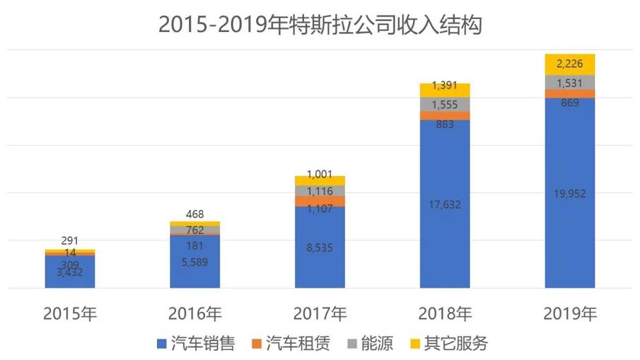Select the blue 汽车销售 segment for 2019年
569,192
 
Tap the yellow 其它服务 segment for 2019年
569,64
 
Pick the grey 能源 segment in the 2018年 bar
445,104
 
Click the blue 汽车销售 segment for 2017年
320,247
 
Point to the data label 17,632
445,205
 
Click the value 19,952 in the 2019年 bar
569,194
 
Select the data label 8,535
320,248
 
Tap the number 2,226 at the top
569,64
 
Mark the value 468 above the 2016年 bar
195,213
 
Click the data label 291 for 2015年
70,240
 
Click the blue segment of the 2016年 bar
195,262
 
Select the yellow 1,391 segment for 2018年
445,90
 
